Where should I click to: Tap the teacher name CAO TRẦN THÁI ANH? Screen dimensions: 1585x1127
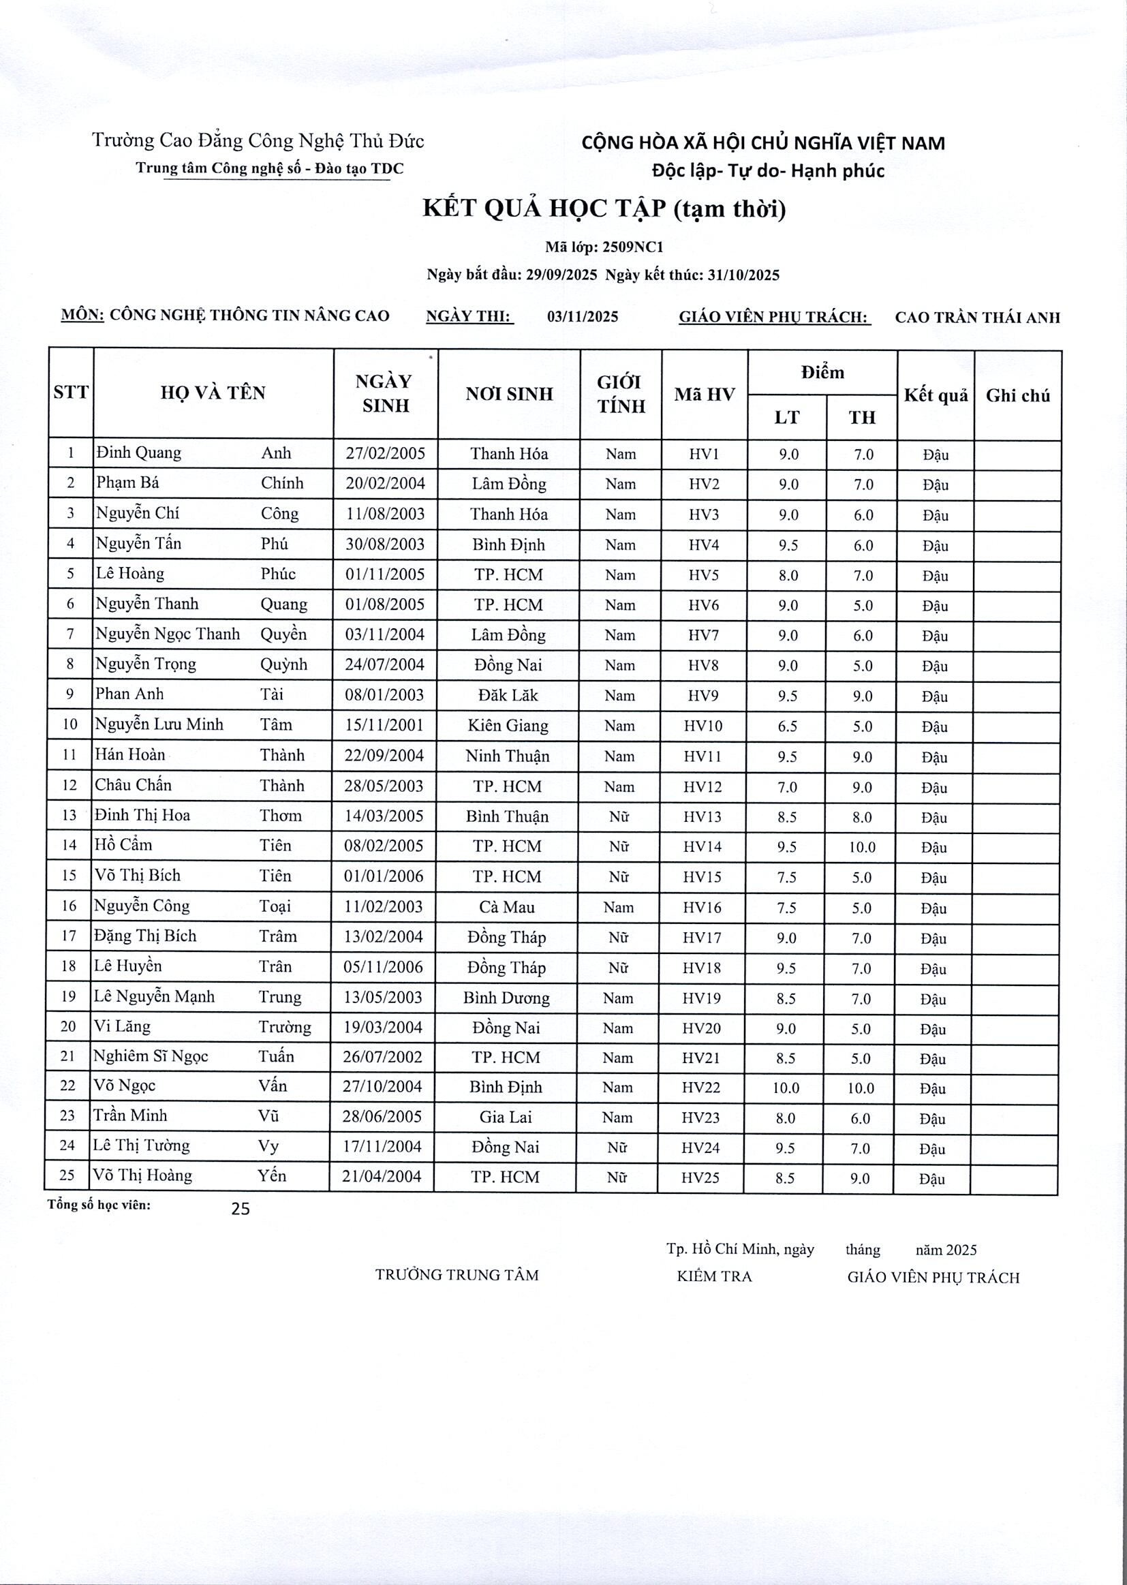[977, 318]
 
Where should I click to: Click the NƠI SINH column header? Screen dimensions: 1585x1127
[509, 394]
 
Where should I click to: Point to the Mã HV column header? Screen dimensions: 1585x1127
[704, 395]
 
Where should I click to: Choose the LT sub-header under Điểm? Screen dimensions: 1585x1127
[786, 417]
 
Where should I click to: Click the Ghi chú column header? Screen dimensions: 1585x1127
[1017, 395]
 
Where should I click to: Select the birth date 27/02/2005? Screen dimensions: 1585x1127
[385, 454]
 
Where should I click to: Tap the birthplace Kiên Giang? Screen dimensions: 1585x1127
[508, 725]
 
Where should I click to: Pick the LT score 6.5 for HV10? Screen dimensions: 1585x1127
[788, 726]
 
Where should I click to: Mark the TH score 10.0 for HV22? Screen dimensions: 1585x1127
[861, 1088]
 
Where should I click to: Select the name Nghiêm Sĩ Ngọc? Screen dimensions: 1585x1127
[151, 1056]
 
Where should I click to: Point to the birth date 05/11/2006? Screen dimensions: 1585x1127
[383, 968]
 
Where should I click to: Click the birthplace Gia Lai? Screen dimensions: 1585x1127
[506, 1118]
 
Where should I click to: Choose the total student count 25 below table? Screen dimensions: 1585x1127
[240, 1209]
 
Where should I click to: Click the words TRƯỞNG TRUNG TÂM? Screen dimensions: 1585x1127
[457, 1275]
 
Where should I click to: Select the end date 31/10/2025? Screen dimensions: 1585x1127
[743, 275]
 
